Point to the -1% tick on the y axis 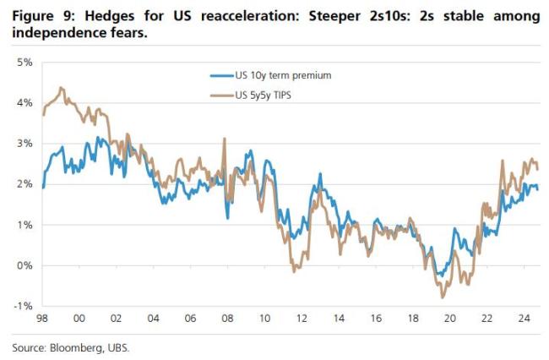(x=22, y=306)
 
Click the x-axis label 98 (x=41, y=319)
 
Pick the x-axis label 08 (x=227, y=319)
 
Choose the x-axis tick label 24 (x=525, y=319)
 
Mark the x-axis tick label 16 (x=376, y=319)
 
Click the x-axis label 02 (x=116, y=319)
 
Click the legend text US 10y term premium (x=282, y=76)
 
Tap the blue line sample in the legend (x=221, y=76)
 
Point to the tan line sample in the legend (x=221, y=95)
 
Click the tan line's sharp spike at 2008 (x=225, y=139)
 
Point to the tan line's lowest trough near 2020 (x=442, y=297)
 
